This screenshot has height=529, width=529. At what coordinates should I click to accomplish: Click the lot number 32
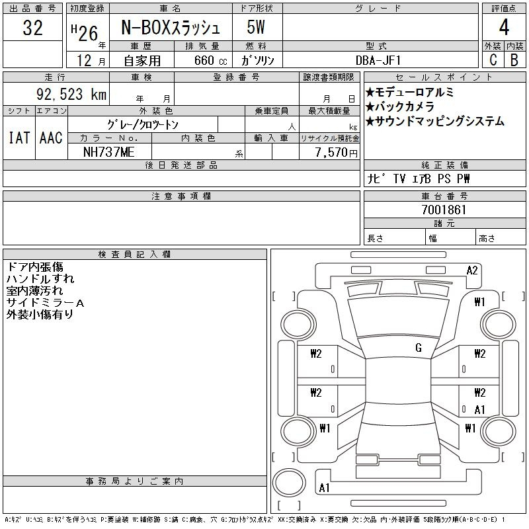tap(32, 28)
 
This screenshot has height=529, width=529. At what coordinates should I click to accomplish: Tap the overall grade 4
tap(504, 27)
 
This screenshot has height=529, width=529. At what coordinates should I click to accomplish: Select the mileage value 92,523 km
tap(71, 94)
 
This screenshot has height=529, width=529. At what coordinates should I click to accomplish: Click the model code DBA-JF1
tap(378, 60)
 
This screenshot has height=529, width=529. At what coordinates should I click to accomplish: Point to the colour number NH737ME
tap(109, 152)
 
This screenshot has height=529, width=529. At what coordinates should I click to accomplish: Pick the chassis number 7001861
tap(444, 210)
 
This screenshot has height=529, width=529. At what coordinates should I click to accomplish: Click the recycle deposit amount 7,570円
tap(337, 153)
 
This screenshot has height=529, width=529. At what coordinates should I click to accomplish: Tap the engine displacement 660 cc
tap(211, 60)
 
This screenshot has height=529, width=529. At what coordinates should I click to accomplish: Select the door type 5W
tap(256, 27)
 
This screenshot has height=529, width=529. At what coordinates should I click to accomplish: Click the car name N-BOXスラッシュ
tap(171, 28)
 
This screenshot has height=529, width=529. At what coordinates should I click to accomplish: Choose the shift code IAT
tap(19, 138)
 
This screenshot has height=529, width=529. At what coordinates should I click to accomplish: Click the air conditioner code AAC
tap(51, 138)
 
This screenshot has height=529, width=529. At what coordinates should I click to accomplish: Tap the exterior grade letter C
tap(493, 60)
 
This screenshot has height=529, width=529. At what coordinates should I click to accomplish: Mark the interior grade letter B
tap(514, 60)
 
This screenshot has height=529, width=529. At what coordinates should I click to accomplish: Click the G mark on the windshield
tap(419, 348)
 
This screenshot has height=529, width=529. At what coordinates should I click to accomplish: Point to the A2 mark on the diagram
tap(472, 270)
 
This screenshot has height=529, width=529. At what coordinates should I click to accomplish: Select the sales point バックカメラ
tap(400, 106)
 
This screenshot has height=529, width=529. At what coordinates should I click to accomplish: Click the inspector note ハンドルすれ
tap(40, 278)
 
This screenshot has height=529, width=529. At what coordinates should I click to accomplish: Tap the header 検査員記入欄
tap(134, 255)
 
